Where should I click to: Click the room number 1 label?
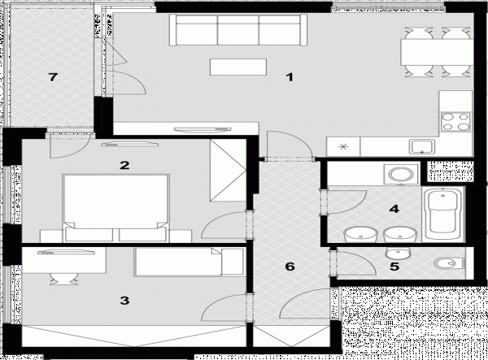click(290, 76)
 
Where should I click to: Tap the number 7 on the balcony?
click(53, 76)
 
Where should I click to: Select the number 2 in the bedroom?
click(124, 165)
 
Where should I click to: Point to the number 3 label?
click(124, 301)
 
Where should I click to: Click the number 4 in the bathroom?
click(394, 209)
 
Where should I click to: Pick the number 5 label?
click(394, 267)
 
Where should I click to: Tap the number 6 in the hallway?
click(290, 267)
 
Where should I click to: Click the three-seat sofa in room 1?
click(238, 30)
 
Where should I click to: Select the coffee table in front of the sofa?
click(238, 67)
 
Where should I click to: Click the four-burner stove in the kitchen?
click(456, 122)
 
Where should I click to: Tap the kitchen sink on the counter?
click(422, 147)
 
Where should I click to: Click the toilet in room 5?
click(450, 263)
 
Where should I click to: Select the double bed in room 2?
click(115, 208)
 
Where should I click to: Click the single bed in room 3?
click(189, 262)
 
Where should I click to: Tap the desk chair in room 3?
click(64, 279)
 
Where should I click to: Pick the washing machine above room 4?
click(401, 174)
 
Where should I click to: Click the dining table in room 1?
click(437, 52)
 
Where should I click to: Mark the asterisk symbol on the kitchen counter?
click(343, 147)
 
